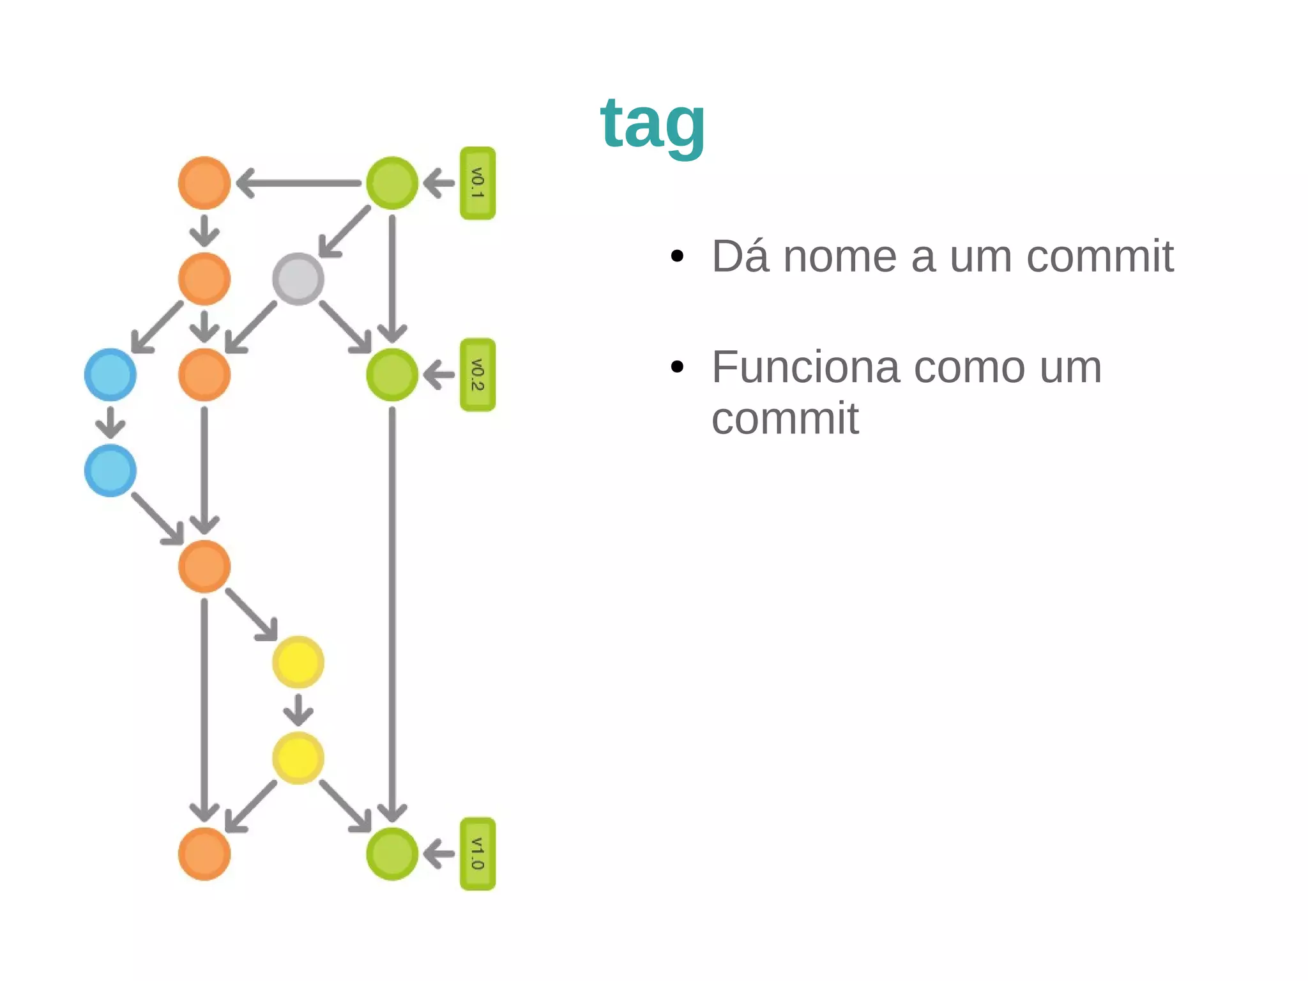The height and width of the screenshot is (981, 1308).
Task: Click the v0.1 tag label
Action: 478,183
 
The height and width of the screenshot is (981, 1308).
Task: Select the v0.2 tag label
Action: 478,375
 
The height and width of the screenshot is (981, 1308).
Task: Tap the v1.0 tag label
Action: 478,854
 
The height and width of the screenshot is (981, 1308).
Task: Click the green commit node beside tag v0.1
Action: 392,183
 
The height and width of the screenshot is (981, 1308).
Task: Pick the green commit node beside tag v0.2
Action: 392,375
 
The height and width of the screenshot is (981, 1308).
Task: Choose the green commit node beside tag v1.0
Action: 392,854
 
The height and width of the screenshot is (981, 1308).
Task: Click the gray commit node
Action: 298,279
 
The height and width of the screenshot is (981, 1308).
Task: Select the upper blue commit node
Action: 110,375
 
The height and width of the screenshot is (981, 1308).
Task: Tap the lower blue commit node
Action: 110,470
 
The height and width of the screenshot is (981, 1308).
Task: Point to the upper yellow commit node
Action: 298,662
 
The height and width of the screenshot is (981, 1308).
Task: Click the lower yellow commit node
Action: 298,758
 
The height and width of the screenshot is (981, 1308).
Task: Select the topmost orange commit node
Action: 204,183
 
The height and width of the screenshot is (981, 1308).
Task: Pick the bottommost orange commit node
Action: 204,854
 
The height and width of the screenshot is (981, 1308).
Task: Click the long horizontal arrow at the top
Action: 299,183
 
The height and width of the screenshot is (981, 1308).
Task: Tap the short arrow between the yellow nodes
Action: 298,709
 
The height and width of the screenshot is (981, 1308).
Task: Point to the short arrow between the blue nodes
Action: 110,422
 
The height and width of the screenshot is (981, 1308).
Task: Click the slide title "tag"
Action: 653,124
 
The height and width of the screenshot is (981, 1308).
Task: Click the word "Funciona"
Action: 806,368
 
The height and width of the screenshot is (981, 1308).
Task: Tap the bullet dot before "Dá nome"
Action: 678,257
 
